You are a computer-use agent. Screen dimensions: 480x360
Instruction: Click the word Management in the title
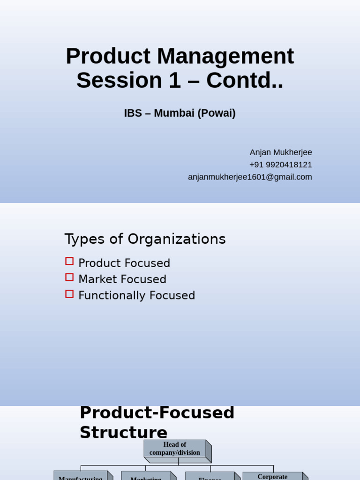[225, 57]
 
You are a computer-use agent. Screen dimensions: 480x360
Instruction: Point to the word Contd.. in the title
[245, 81]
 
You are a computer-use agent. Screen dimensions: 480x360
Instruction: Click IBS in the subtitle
[133, 113]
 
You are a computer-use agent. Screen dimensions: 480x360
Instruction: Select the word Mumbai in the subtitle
[174, 113]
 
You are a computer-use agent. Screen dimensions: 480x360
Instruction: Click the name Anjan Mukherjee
[281, 152]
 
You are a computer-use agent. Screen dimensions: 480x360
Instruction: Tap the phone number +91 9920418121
[281, 165]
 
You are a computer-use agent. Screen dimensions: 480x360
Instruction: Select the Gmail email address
[250, 177]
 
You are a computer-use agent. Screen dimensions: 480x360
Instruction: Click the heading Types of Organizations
[145, 239]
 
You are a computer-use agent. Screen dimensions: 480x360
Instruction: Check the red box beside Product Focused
[69, 262]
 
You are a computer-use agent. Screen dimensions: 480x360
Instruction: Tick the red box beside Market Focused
[69, 277]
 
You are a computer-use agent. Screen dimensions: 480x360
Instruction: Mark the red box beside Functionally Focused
[69, 294]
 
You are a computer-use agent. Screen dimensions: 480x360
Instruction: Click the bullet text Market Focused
[122, 279]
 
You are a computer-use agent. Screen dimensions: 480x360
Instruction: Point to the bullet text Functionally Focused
[136, 296]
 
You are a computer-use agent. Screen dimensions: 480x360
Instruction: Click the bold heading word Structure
[123, 432]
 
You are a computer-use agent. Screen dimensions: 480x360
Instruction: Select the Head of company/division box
[175, 449]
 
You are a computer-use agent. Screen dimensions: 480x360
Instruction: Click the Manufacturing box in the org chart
[81, 476]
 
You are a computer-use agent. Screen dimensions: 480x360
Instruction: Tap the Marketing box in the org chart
[146, 476]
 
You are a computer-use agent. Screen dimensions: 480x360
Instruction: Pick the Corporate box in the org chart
[272, 476]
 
